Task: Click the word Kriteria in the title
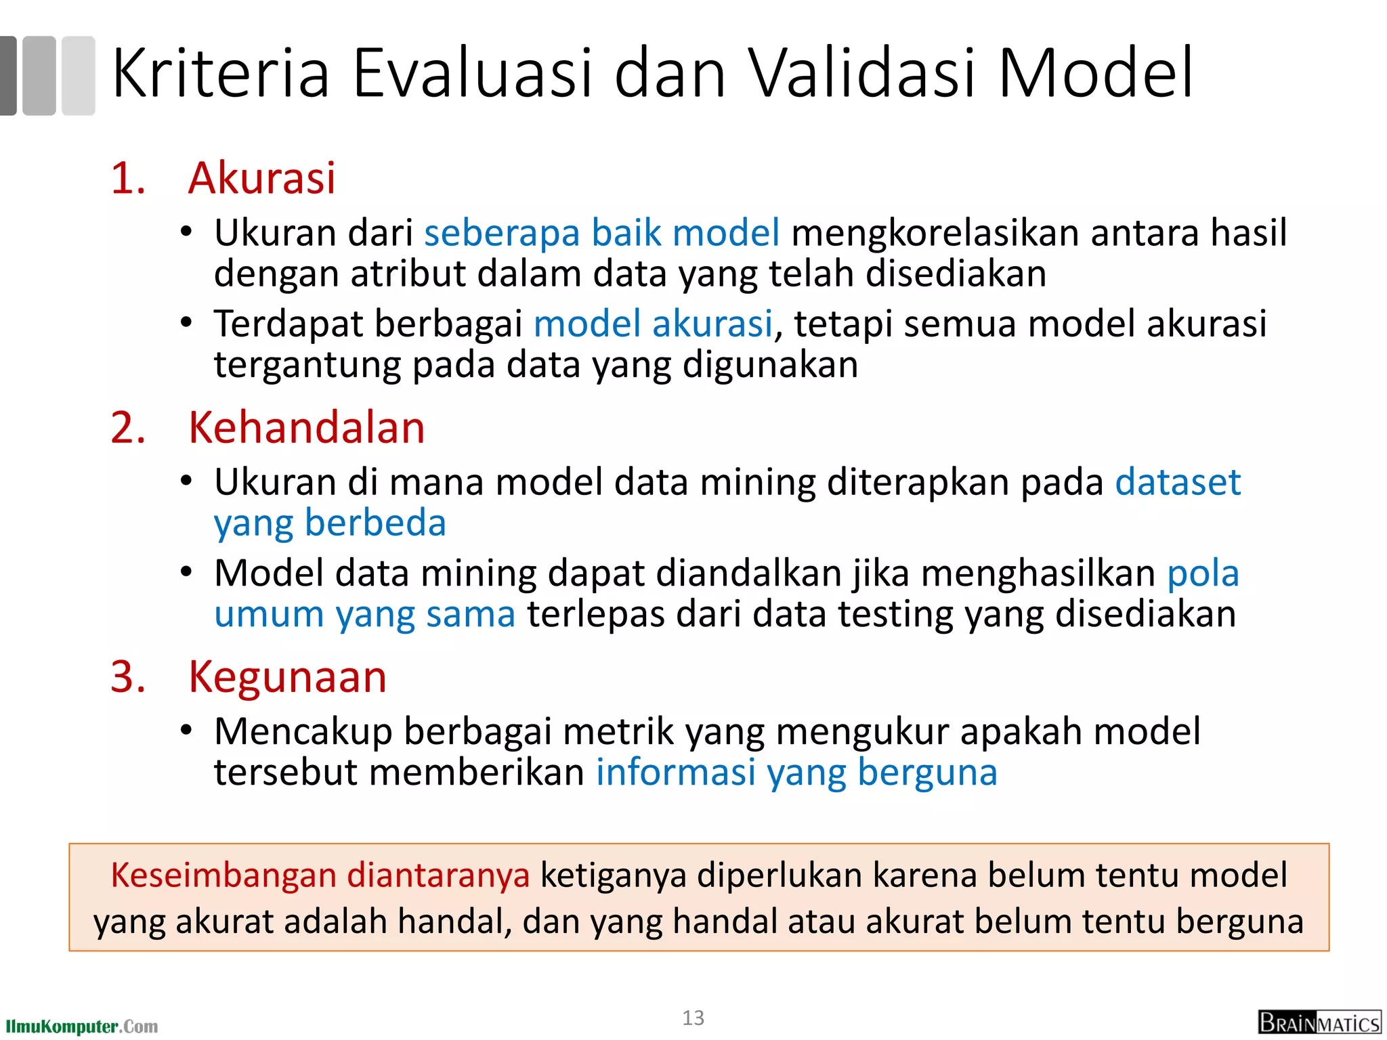pos(220,73)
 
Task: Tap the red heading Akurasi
pos(261,179)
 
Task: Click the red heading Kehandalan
pos(306,428)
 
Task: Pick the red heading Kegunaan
pos(287,677)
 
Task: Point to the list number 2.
pos(127,429)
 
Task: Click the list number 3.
pos(127,677)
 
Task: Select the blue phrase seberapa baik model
pos(601,233)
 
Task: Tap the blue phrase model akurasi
pos(653,324)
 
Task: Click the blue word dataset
pos(1178,482)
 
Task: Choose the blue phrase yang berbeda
pos(330,523)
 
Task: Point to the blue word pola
pos(1203,573)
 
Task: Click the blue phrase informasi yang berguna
pos(796,773)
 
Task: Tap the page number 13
pos(693,1018)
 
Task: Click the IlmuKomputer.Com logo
pos(81,1026)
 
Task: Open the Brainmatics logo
pos(1319,1022)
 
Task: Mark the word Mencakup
pos(303,732)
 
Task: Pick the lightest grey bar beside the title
pos(79,75)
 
